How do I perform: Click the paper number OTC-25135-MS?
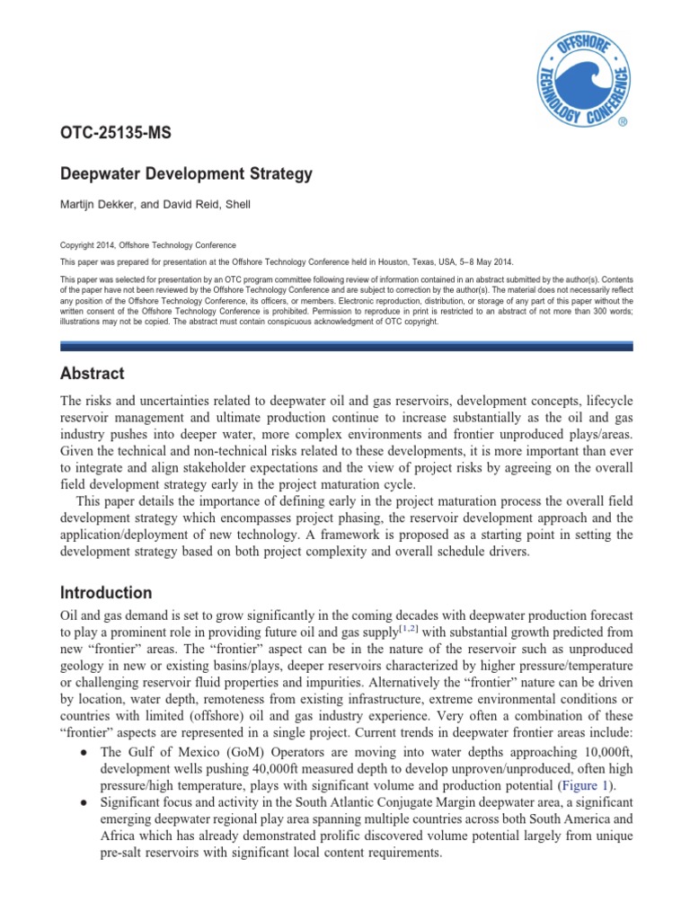click(x=115, y=134)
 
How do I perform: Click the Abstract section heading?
click(x=92, y=374)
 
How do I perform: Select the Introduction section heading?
click(x=105, y=593)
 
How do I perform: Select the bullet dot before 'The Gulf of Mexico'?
click(x=84, y=752)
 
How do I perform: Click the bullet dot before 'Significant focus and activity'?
click(x=84, y=802)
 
